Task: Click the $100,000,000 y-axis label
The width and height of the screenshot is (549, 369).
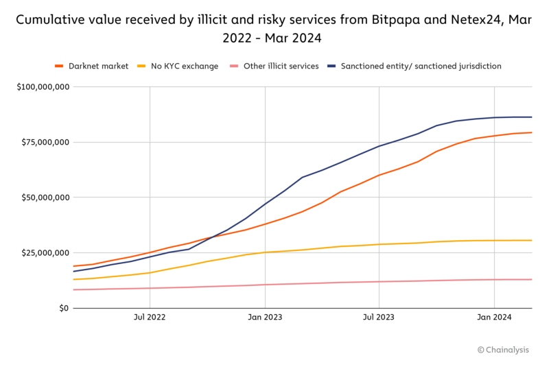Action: tap(43, 87)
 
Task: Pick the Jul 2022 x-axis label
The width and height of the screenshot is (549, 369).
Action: tap(150, 317)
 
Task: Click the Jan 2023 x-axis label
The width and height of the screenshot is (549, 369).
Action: tap(264, 317)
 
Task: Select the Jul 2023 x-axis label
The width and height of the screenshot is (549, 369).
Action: tap(378, 317)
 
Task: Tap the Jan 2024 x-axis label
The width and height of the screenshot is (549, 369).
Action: tap(494, 317)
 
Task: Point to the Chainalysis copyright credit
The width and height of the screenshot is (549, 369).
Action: tap(504, 350)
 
